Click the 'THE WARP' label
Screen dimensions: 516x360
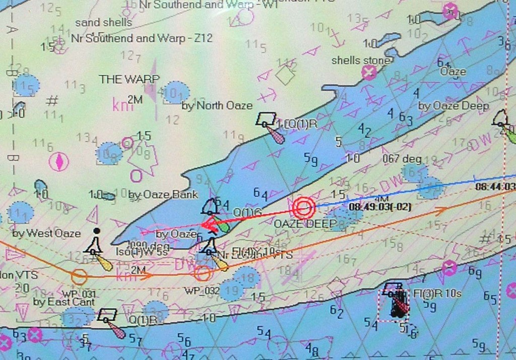click(129, 79)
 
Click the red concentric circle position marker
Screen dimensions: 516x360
click(303, 207)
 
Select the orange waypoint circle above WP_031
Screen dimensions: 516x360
click(79, 276)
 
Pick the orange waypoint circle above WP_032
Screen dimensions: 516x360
click(202, 273)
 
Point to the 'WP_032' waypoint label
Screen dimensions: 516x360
click(202, 291)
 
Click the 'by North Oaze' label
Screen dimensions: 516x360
click(217, 105)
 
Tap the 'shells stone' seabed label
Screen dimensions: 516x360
click(360, 61)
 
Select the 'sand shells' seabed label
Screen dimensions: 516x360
click(103, 23)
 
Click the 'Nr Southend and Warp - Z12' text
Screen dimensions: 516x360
click(142, 38)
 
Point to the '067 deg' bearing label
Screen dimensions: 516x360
click(401, 159)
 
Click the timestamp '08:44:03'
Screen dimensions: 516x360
click(495, 187)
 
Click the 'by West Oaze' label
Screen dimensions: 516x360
click(46, 233)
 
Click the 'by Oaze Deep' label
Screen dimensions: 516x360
click(454, 106)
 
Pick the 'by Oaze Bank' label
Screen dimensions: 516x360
click(163, 195)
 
